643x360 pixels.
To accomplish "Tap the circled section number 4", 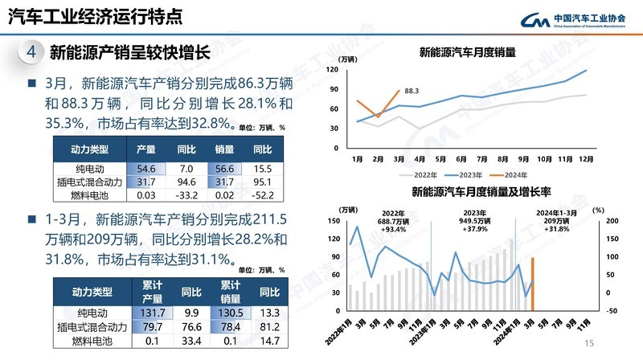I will point(30,52).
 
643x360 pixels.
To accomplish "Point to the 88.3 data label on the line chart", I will point(412,91).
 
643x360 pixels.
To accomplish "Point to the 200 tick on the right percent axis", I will point(609,220).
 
